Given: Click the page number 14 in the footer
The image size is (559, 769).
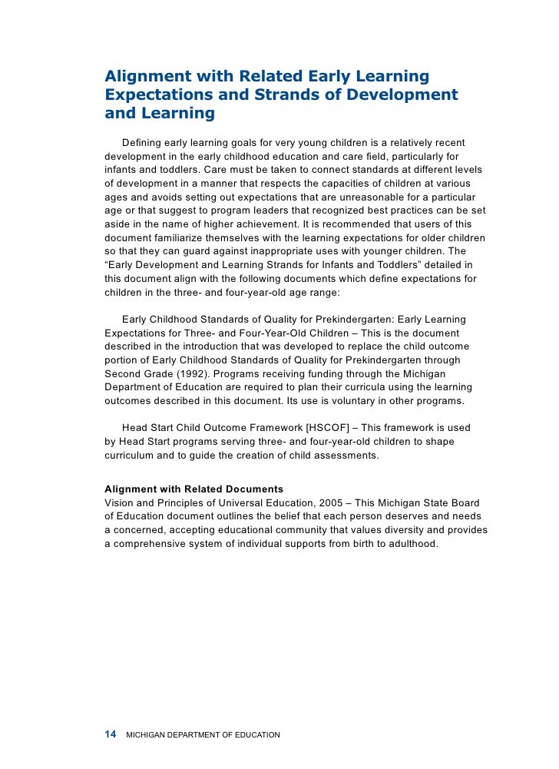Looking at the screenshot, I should pyautogui.click(x=110, y=734).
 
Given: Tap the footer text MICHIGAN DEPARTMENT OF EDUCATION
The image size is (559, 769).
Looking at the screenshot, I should pyautogui.click(x=203, y=735).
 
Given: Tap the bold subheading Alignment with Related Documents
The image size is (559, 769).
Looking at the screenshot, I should pyautogui.click(x=193, y=489).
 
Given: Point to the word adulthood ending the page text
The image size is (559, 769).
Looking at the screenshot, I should pyautogui.click(x=410, y=543).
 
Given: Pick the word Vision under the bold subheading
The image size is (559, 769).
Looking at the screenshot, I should pyautogui.click(x=119, y=502).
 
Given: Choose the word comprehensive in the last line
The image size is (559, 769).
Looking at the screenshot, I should pyautogui.click(x=151, y=543).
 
